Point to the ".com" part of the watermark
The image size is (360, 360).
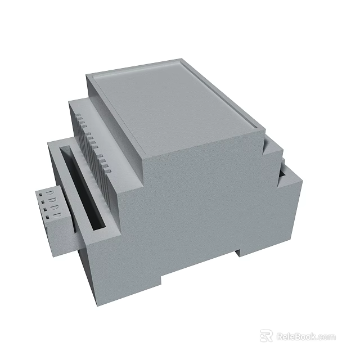tap(326, 337)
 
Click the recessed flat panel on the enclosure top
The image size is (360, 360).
tap(174, 107)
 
